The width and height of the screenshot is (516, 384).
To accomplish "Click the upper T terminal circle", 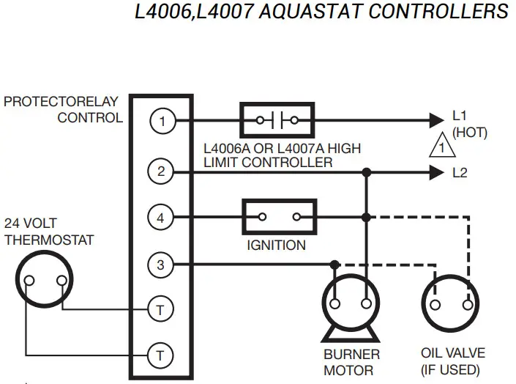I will coord(161,309).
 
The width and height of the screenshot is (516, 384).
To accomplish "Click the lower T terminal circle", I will coord(161,356).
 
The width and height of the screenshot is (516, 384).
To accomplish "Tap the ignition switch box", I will coord(278,217).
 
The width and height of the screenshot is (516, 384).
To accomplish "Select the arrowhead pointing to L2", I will coord(436,173).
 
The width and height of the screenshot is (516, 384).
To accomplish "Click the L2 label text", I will coord(460,173).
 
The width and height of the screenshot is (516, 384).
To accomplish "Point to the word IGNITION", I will coord(276,245).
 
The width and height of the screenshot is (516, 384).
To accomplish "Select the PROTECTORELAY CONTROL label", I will coord(61,109).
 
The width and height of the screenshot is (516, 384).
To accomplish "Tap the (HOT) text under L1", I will coord(469,133).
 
